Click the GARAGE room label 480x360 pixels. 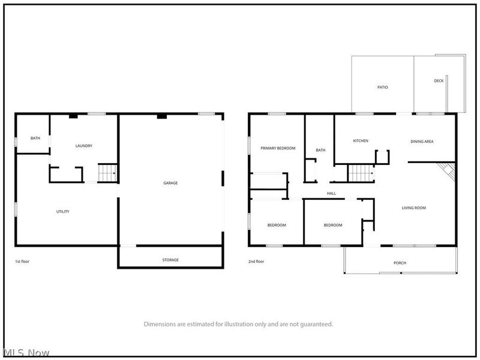[170, 183]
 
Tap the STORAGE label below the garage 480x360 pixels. [170, 260]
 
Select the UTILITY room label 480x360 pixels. [63, 212]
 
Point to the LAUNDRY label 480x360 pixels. [84, 146]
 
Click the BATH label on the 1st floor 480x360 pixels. [35, 138]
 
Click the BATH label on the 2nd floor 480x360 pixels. [320, 150]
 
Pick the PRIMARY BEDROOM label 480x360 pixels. [278, 148]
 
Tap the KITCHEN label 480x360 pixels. [361, 141]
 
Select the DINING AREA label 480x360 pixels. [422, 142]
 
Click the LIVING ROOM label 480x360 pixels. [413, 208]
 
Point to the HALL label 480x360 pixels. [331, 193]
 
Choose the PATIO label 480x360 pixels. [382, 87]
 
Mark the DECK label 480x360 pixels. [439, 81]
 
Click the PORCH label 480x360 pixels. [400, 263]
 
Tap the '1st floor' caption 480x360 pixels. [22, 262]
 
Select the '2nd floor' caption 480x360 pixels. [256, 262]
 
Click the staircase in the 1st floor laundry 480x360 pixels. [107, 173]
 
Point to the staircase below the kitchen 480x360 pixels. [361, 173]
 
